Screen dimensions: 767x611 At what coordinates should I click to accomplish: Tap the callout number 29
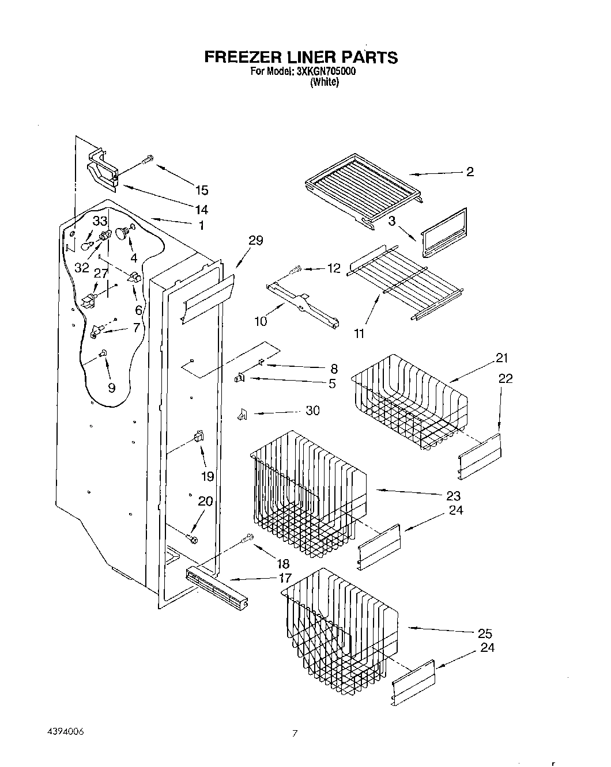click(255, 241)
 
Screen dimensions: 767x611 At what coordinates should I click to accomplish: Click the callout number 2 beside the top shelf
click(470, 172)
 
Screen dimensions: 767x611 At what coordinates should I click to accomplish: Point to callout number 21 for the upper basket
click(502, 358)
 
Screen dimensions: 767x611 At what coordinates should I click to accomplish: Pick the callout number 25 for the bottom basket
click(485, 633)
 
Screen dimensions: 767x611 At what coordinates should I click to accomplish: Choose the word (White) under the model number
click(324, 82)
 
